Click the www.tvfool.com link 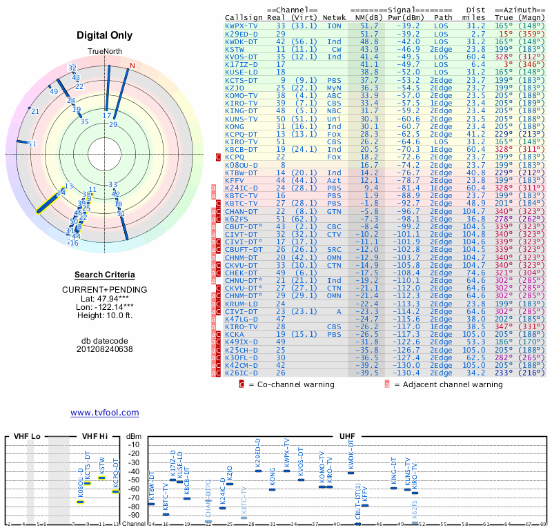(x=104, y=413)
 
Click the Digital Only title (x=104, y=35)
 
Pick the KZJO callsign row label (x=235, y=88)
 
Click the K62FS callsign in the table (x=238, y=218)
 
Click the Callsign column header (x=244, y=17)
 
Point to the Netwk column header (x=335, y=17)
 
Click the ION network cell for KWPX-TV (x=334, y=26)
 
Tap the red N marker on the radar (x=132, y=66)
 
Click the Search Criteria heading (x=103, y=275)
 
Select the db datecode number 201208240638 (x=104, y=349)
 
